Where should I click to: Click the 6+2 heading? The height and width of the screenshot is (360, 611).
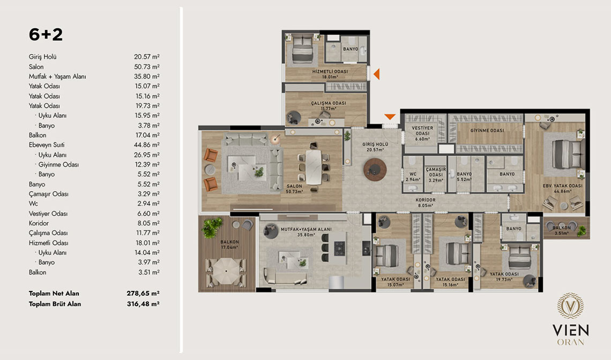click(x=46, y=35)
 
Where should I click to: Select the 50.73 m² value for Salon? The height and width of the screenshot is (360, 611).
click(x=146, y=66)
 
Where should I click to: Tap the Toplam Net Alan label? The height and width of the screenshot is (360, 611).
click(x=54, y=294)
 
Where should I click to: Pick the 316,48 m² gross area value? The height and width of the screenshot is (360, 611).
click(x=143, y=304)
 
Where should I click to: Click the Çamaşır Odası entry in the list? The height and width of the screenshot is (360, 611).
click(x=48, y=194)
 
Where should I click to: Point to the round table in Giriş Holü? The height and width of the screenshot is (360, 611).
click(x=375, y=169)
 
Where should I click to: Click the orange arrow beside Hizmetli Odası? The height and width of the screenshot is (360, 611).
click(x=376, y=73)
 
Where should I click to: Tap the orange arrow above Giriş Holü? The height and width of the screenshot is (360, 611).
click(x=390, y=116)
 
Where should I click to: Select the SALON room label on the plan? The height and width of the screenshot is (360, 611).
click(x=294, y=186)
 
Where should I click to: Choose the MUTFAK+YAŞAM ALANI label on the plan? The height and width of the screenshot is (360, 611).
click(x=306, y=229)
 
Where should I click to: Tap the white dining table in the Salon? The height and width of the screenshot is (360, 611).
click(x=314, y=167)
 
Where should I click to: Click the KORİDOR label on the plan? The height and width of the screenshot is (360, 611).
click(x=426, y=200)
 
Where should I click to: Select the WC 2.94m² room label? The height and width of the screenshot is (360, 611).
click(x=413, y=177)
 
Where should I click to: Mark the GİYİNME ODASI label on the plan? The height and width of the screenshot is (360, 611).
click(x=487, y=131)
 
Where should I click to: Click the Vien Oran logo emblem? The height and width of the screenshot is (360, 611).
click(x=570, y=306)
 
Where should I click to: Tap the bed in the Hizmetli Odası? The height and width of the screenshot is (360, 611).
click(x=302, y=50)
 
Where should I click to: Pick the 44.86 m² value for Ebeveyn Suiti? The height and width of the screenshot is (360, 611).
click(x=147, y=145)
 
